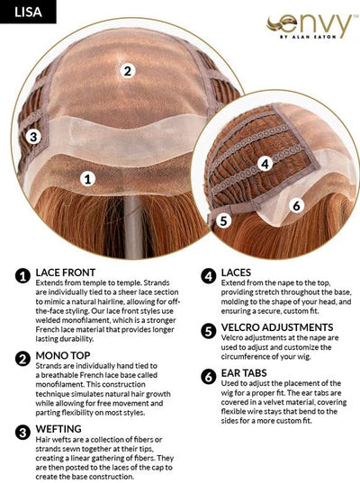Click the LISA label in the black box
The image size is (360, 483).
point(28,12)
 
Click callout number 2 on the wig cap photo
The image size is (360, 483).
point(127,70)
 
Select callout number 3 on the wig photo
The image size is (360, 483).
point(33,137)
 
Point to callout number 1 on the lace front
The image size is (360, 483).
point(88,179)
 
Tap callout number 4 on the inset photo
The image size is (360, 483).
point(265,164)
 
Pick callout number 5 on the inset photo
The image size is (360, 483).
point(223,220)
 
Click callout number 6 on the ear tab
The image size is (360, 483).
point(296,205)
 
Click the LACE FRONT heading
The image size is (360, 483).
point(66,273)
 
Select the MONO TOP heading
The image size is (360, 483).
point(63,355)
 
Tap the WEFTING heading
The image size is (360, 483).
point(58,429)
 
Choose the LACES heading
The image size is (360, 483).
point(236,273)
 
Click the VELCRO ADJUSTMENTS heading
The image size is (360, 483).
point(277,327)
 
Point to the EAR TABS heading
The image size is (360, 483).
point(244,372)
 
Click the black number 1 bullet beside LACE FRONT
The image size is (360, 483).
point(22,276)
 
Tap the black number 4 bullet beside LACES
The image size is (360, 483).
point(209,276)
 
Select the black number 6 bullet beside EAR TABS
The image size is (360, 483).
point(209,377)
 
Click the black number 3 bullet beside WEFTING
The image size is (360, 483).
point(22,432)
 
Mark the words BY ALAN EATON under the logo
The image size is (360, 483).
point(308,37)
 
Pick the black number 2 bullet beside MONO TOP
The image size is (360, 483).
point(22,359)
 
